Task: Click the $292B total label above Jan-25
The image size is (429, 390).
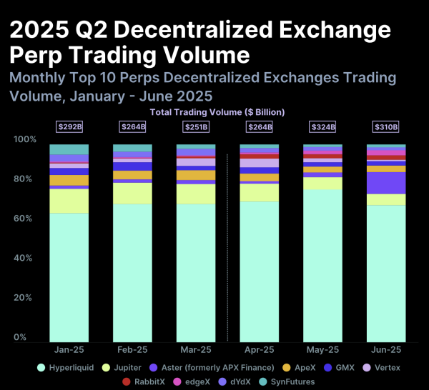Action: [x=69, y=127]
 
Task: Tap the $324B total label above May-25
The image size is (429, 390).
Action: [x=322, y=127]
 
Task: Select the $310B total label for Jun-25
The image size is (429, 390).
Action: [x=386, y=127]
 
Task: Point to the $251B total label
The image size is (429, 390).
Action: [x=196, y=127]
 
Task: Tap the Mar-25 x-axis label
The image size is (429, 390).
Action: [x=196, y=350]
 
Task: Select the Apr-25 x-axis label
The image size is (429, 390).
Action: [x=259, y=350]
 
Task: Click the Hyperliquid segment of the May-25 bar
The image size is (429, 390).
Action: [x=322, y=264]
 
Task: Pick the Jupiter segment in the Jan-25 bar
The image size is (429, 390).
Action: [x=69, y=201]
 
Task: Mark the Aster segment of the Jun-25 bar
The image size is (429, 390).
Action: [x=386, y=183]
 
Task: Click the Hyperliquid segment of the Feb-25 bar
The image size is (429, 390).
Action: [x=132, y=272]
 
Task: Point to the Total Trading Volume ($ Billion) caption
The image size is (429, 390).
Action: [x=217, y=112]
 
